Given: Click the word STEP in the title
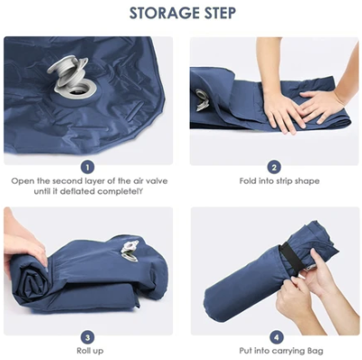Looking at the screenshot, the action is point(217,14).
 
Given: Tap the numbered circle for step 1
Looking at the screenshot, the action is point(88,167).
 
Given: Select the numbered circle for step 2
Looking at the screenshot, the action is point(274,167).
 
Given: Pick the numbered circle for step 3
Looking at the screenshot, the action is point(88,337).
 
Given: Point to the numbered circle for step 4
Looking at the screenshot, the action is point(277,337).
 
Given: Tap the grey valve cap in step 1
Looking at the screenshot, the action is point(67,71).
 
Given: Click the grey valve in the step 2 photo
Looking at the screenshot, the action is point(202,99).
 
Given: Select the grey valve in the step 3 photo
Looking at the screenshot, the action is point(130,251).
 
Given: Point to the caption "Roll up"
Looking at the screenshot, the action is point(90,351).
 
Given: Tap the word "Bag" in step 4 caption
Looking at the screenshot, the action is point(315,351).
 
